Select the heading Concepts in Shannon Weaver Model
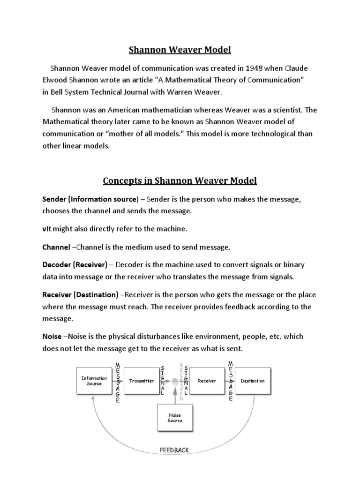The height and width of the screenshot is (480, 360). coord(180,180)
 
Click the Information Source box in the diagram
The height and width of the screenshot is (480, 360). coord(94,381)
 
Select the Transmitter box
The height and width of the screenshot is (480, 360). coord(141,381)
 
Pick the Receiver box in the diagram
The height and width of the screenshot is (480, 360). coord(207,381)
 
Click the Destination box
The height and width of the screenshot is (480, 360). coord(253,381)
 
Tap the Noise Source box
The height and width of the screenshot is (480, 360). coord(175,418)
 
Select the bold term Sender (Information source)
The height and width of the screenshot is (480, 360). coord(90,200)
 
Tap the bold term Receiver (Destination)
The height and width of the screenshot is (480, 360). coord(80,295)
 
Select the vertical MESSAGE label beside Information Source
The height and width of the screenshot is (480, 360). coord(118,381)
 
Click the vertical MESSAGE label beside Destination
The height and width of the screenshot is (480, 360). coord(230,381)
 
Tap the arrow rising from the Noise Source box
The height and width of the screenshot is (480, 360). coord(175,396)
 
